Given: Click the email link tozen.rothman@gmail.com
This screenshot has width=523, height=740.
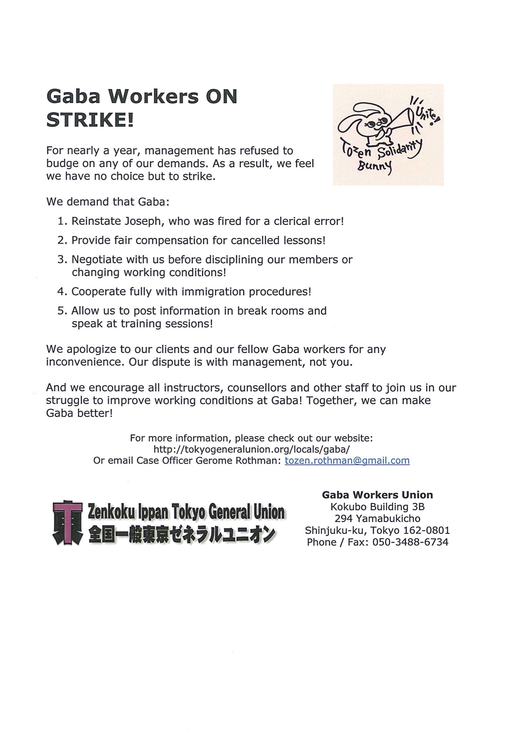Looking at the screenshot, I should [x=347, y=461].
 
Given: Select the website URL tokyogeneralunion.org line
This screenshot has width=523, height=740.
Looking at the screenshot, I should [x=251, y=449].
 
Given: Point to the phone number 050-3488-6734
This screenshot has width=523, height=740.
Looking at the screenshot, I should [x=410, y=542].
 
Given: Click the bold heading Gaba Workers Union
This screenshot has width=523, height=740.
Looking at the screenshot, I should [x=377, y=495].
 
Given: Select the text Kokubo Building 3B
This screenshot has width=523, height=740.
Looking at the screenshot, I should [x=377, y=507].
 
